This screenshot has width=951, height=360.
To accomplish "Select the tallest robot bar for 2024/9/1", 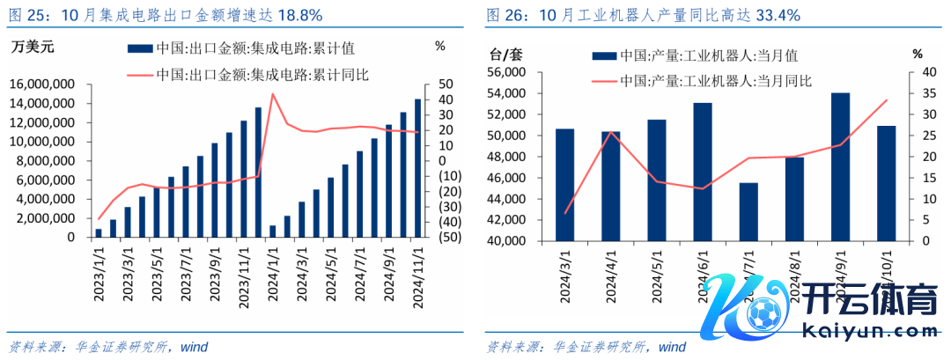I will click(841, 166).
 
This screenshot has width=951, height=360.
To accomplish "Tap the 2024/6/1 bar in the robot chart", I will click(703, 172).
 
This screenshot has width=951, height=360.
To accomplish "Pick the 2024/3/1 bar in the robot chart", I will click(565, 185).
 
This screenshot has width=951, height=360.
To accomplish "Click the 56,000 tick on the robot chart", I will click(505, 72).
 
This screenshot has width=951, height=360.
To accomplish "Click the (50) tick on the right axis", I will click(442, 238).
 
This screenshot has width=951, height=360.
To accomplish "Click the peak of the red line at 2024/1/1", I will click(273, 93).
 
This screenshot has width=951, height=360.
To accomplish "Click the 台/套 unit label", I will click(505, 54).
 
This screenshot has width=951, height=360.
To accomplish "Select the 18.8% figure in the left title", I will click(300, 15).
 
